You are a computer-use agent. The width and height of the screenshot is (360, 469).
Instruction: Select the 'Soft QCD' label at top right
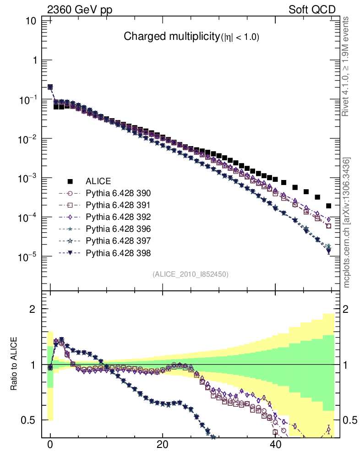312,10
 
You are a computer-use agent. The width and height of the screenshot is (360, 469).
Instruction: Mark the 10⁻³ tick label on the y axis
28,178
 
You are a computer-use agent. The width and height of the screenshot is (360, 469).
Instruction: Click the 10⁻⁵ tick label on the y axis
28,256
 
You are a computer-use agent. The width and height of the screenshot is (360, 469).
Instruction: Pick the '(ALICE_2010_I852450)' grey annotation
191,274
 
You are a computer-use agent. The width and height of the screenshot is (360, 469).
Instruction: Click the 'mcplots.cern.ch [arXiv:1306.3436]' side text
347,223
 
